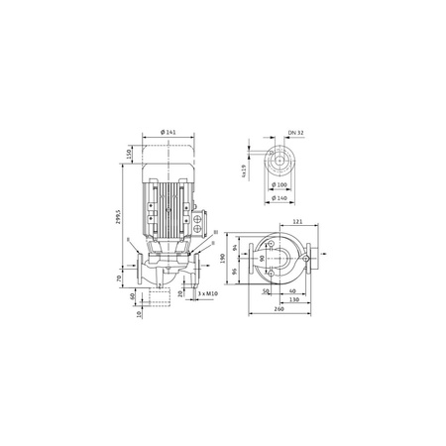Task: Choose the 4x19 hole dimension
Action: (x=243, y=170)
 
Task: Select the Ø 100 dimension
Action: (x=280, y=185)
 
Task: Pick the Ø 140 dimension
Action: (x=280, y=198)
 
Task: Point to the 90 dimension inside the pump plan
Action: (x=261, y=259)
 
